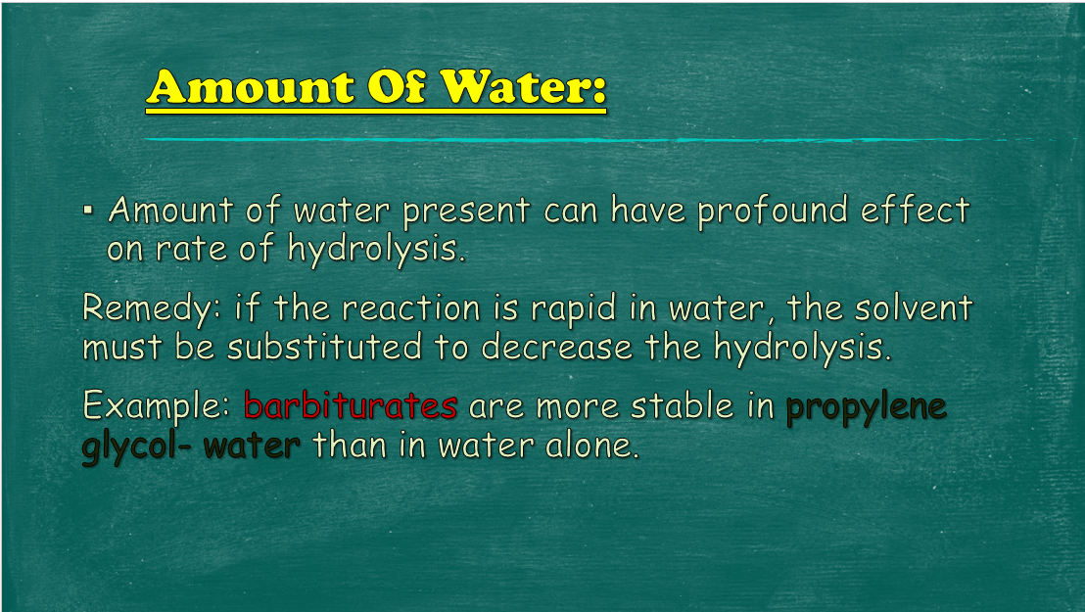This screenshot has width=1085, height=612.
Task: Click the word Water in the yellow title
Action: (523, 87)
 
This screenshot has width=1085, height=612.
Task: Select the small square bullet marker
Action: (88, 209)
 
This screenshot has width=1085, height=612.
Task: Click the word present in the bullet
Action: (466, 212)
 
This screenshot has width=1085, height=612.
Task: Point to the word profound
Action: (773, 210)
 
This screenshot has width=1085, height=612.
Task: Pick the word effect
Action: (916, 210)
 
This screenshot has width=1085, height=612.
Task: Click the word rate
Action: (191, 250)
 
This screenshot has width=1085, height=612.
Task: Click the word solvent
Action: (914, 308)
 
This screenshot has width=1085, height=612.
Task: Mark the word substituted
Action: (324, 347)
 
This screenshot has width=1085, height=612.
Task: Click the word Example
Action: (156, 406)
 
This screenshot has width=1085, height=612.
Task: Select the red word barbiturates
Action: (351, 405)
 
